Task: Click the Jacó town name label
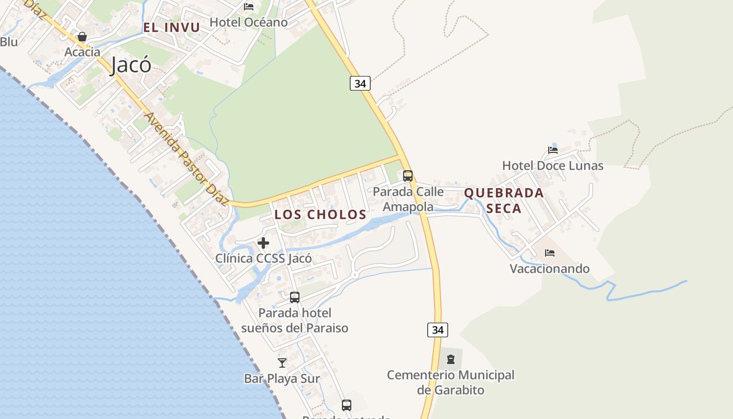click(131, 65)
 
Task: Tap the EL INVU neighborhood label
click(172, 28)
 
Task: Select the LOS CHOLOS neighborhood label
click(320, 214)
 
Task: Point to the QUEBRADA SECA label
click(504, 200)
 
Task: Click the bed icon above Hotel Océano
click(249, 7)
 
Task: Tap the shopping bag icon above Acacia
click(82, 37)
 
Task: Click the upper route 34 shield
click(360, 83)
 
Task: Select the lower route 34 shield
click(438, 330)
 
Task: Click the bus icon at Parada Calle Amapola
click(408, 176)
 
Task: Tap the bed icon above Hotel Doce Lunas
click(553, 150)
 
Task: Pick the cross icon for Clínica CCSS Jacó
click(263, 243)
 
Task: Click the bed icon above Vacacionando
click(549, 253)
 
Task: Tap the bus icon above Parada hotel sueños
click(295, 297)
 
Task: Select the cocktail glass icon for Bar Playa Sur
click(282, 362)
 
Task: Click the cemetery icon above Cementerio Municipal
click(451, 359)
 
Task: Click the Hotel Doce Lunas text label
click(552, 166)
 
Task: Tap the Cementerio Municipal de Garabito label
click(451, 382)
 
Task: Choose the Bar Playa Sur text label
click(282, 378)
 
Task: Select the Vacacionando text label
click(549, 269)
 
